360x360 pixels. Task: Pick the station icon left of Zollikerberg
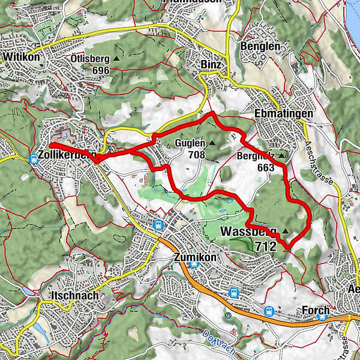[35, 159]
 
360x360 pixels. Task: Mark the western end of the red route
[51, 145]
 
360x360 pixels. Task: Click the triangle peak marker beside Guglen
[212, 143]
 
